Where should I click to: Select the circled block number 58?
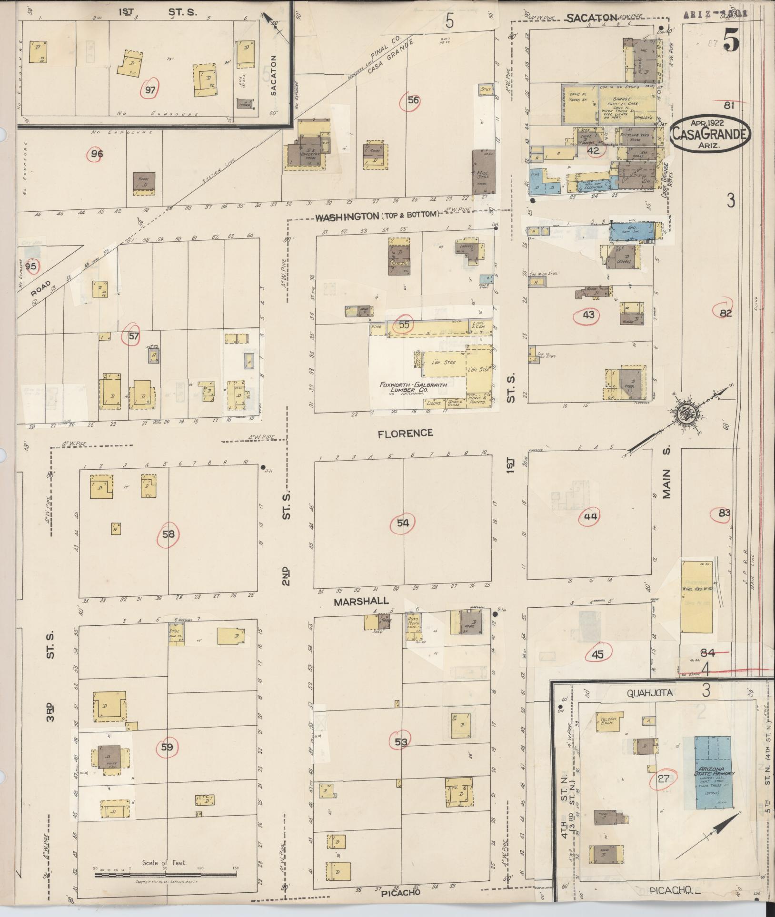[169, 534]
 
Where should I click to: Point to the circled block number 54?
[403, 523]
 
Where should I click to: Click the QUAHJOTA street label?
[649, 693]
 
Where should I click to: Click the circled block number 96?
[97, 154]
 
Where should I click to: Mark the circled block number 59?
[167, 748]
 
